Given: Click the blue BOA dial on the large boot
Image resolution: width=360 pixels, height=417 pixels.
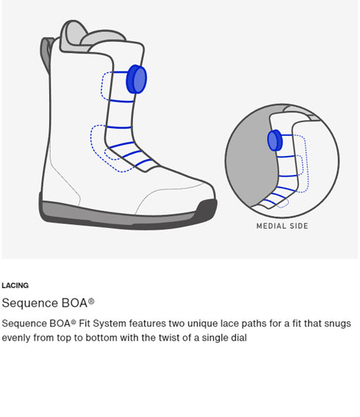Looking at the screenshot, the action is point(137,79).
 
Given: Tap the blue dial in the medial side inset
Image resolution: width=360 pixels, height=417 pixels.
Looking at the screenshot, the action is point(275,140).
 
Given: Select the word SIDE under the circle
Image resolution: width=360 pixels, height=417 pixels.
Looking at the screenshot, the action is point(299,226).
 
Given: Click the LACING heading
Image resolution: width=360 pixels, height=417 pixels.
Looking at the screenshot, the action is point(15,285).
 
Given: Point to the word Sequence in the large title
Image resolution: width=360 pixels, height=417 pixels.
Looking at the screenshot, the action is point(30,304).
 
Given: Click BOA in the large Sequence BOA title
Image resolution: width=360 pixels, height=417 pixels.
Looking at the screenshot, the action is point(75,303).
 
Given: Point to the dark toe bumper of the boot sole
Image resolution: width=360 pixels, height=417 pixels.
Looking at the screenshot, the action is point(206,210).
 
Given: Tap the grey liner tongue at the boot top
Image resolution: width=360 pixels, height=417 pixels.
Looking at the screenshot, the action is point(73,36).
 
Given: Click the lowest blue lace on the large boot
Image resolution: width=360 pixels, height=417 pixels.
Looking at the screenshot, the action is point(144,163).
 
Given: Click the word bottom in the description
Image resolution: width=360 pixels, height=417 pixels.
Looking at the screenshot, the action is point(101,338).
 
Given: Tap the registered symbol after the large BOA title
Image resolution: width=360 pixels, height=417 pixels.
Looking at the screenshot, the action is point(91,301).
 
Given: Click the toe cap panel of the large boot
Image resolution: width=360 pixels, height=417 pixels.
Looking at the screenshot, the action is point(176,199).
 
